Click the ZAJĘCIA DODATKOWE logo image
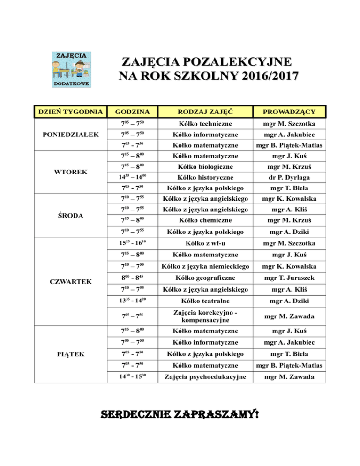[x=71, y=68]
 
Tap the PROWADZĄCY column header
[x=289, y=112]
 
